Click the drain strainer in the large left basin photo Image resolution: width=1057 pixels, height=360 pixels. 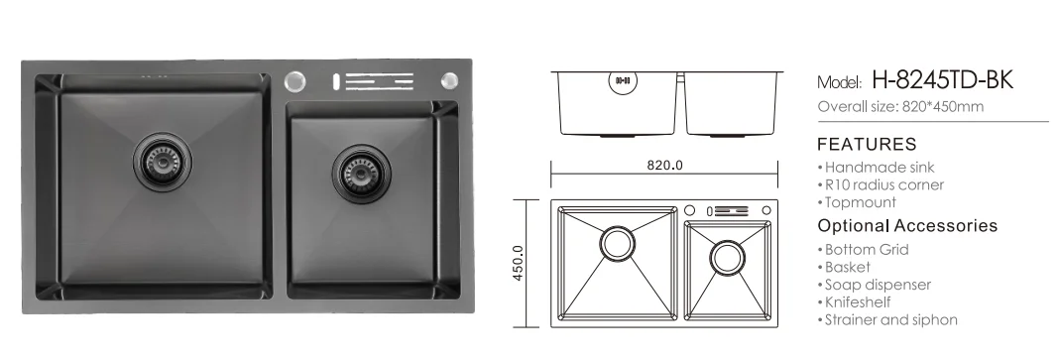pos(163,161)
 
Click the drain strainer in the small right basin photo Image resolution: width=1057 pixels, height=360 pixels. pos(362,174)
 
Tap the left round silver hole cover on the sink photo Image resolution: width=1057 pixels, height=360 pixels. pos(294,81)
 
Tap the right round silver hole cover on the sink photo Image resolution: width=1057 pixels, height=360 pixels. pos(449,81)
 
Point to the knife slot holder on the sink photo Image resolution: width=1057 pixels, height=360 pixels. pos(372,81)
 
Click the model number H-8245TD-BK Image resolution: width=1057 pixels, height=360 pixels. pos(942,80)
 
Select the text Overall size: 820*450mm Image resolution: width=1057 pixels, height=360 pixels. pos(900,106)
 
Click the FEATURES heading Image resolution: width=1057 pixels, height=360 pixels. pos(867,144)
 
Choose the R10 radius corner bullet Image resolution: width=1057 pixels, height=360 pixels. pos(881,184)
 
